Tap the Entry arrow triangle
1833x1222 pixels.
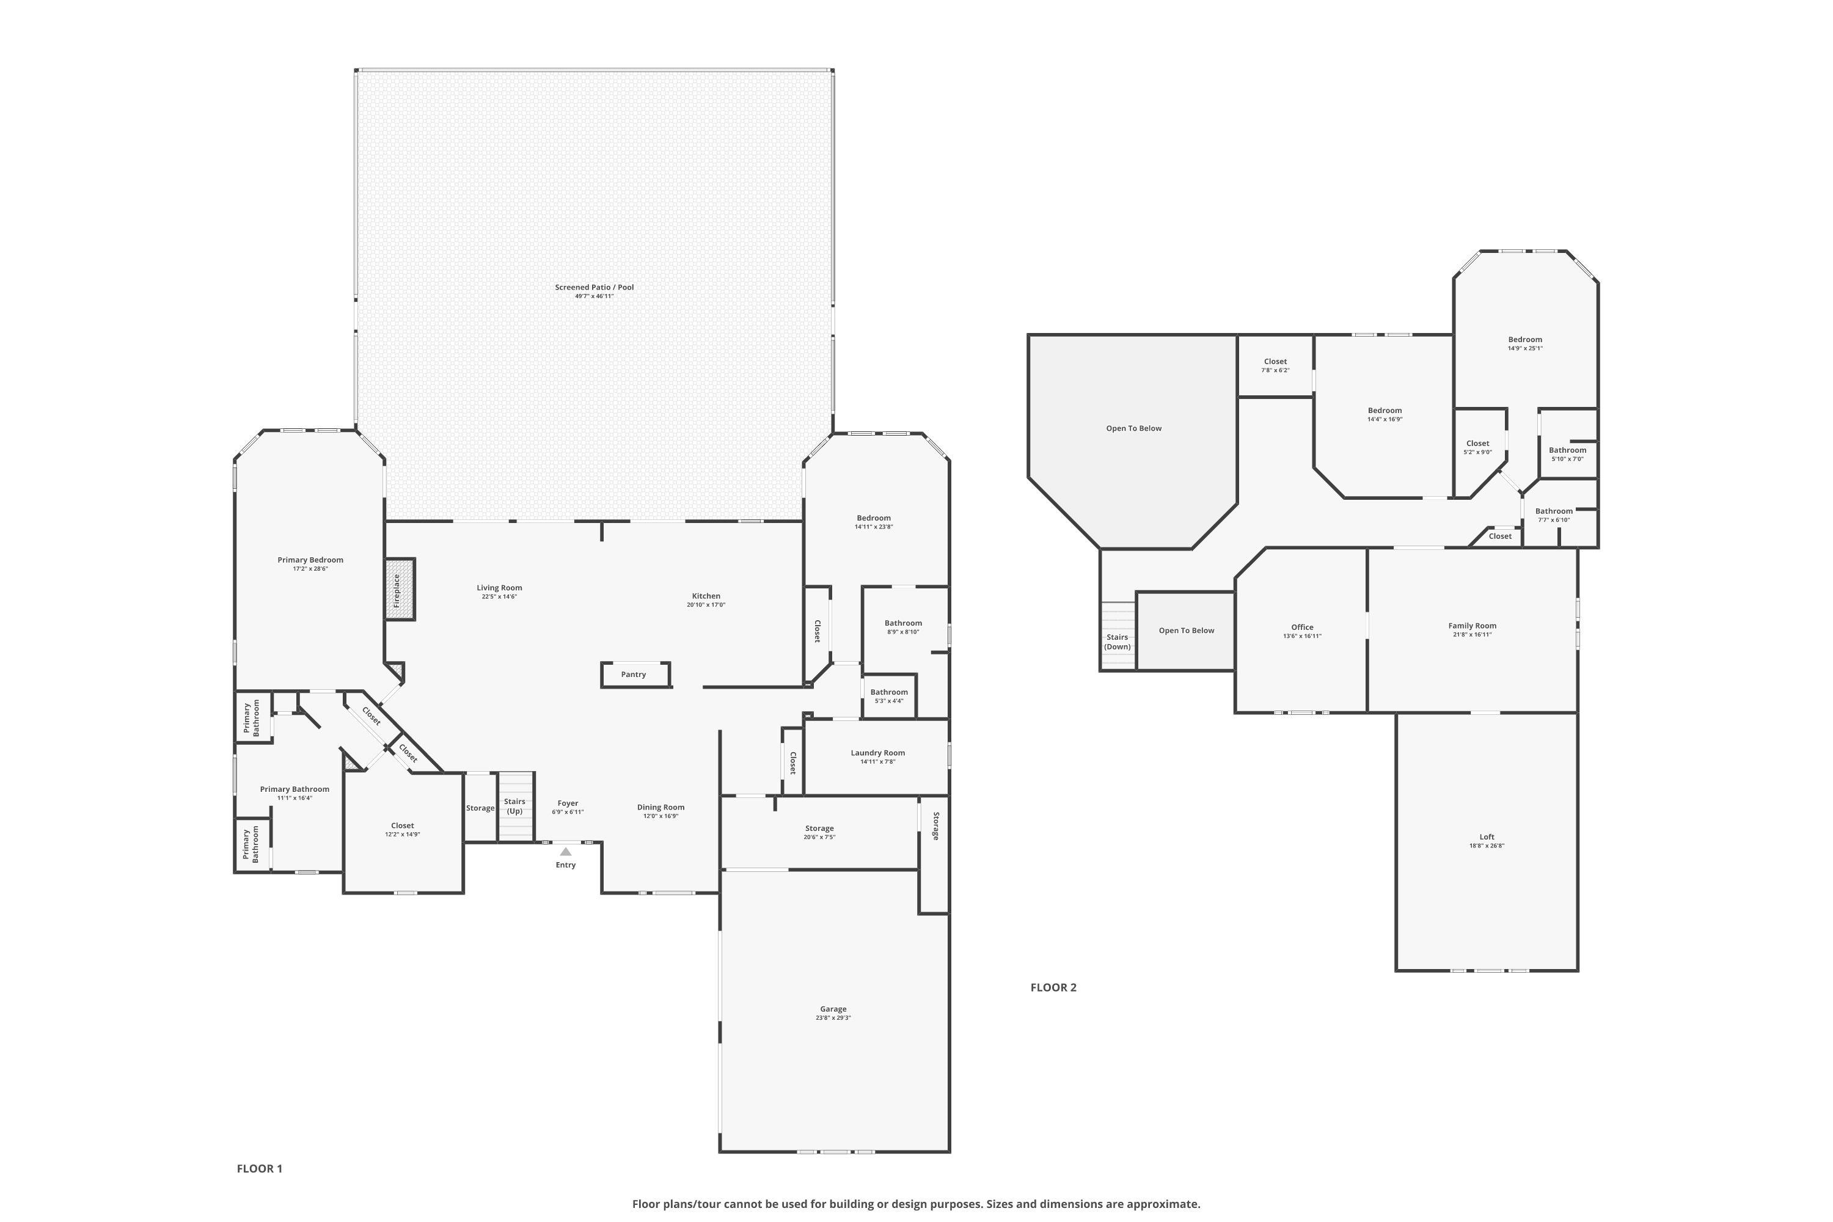tap(566, 852)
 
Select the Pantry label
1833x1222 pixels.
tap(634, 675)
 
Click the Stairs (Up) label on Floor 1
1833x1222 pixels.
tap(514, 806)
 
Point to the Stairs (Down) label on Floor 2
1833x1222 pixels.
tap(1118, 642)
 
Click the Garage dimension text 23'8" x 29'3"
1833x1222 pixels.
tap(833, 1018)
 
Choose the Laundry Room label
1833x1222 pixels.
tap(877, 753)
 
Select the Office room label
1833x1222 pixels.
tap(1302, 627)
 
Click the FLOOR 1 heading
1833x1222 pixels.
tap(260, 1168)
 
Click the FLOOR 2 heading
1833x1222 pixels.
tap(1053, 987)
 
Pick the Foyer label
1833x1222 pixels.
tap(568, 803)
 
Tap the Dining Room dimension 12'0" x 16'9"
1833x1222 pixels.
tap(661, 816)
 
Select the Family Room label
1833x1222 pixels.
tap(1472, 626)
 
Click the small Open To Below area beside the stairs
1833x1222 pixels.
tap(1186, 631)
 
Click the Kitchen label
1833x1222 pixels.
tap(706, 596)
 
